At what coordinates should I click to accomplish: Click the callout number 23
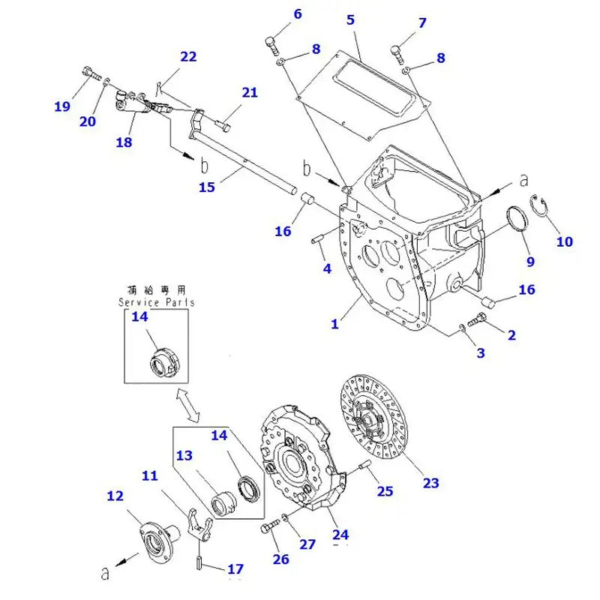coord(430,483)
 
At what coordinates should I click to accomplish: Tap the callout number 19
coord(62,106)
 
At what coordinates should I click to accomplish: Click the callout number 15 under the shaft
coord(207,187)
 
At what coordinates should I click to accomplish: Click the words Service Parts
coord(156,302)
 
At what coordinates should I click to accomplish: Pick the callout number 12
coord(114,496)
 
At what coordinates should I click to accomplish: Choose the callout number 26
coord(280,558)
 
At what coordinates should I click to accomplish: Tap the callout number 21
coord(249,92)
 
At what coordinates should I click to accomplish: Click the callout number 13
coord(184,455)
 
